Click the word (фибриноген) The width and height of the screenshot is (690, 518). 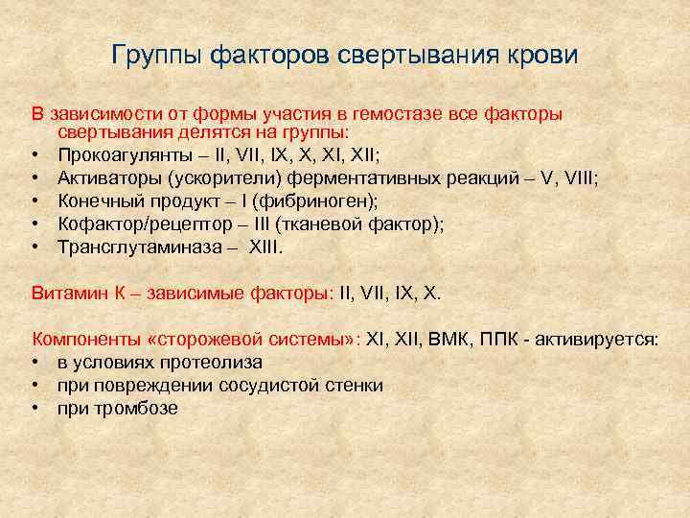296,200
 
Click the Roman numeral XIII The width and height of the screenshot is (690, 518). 269,247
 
